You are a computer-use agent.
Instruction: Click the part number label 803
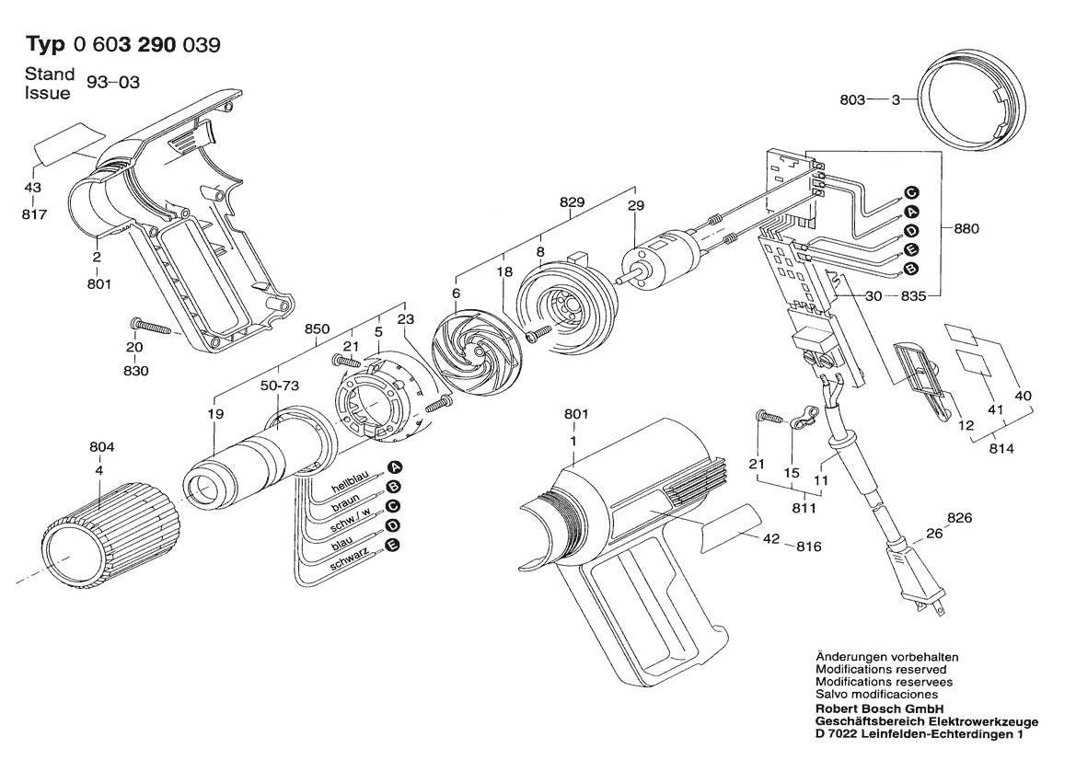coord(852,100)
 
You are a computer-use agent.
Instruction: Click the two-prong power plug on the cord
coord(921,581)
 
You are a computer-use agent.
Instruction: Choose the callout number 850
coord(317,329)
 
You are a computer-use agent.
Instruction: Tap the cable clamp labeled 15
coord(804,420)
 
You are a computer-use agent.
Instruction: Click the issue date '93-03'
coord(113,83)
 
